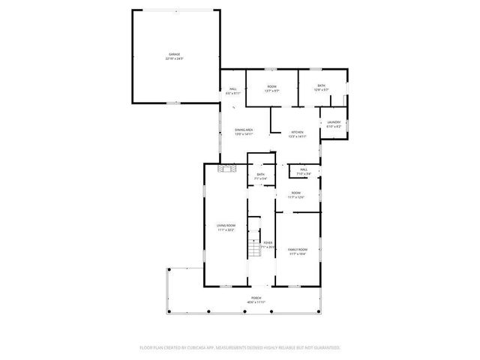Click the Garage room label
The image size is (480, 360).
click(174, 55)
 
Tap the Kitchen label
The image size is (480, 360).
click(298, 132)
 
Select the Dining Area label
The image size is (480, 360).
click(244, 130)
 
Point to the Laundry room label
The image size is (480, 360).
click(334, 122)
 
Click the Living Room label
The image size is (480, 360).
click(226, 226)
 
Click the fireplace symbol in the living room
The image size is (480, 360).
click(221, 169)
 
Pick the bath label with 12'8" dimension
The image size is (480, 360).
click(322, 86)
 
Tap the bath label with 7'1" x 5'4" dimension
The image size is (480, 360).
click(260, 175)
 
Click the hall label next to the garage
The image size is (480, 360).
click(233, 90)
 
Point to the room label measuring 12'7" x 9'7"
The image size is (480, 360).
click(272, 87)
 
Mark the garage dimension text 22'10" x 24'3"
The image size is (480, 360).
click(174, 59)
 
